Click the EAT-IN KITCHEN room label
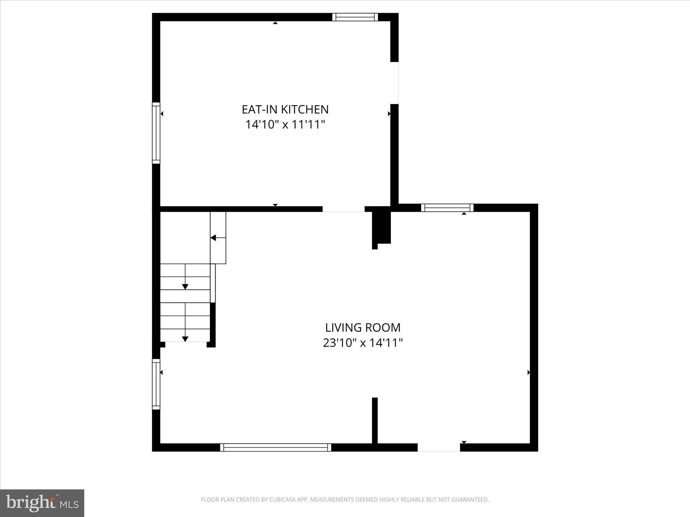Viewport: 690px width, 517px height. click(285, 109)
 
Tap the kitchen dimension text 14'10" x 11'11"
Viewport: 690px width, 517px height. click(285, 125)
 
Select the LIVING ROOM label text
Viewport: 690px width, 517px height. click(363, 328)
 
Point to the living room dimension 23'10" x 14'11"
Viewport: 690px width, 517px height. click(363, 343)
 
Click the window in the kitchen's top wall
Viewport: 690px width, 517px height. click(355, 17)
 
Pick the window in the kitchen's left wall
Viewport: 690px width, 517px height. click(156, 133)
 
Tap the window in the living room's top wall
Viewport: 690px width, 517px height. click(447, 208)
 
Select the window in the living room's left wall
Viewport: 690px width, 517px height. click(156, 384)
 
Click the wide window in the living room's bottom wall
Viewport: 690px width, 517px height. click(276, 447)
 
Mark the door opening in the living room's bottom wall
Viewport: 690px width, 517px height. click(439, 447)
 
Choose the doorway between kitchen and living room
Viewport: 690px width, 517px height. click(343, 209)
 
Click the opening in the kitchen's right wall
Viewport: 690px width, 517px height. click(395, 83)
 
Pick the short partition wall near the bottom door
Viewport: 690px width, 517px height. click(375, 421)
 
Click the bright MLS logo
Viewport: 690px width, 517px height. click(42, 503)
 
